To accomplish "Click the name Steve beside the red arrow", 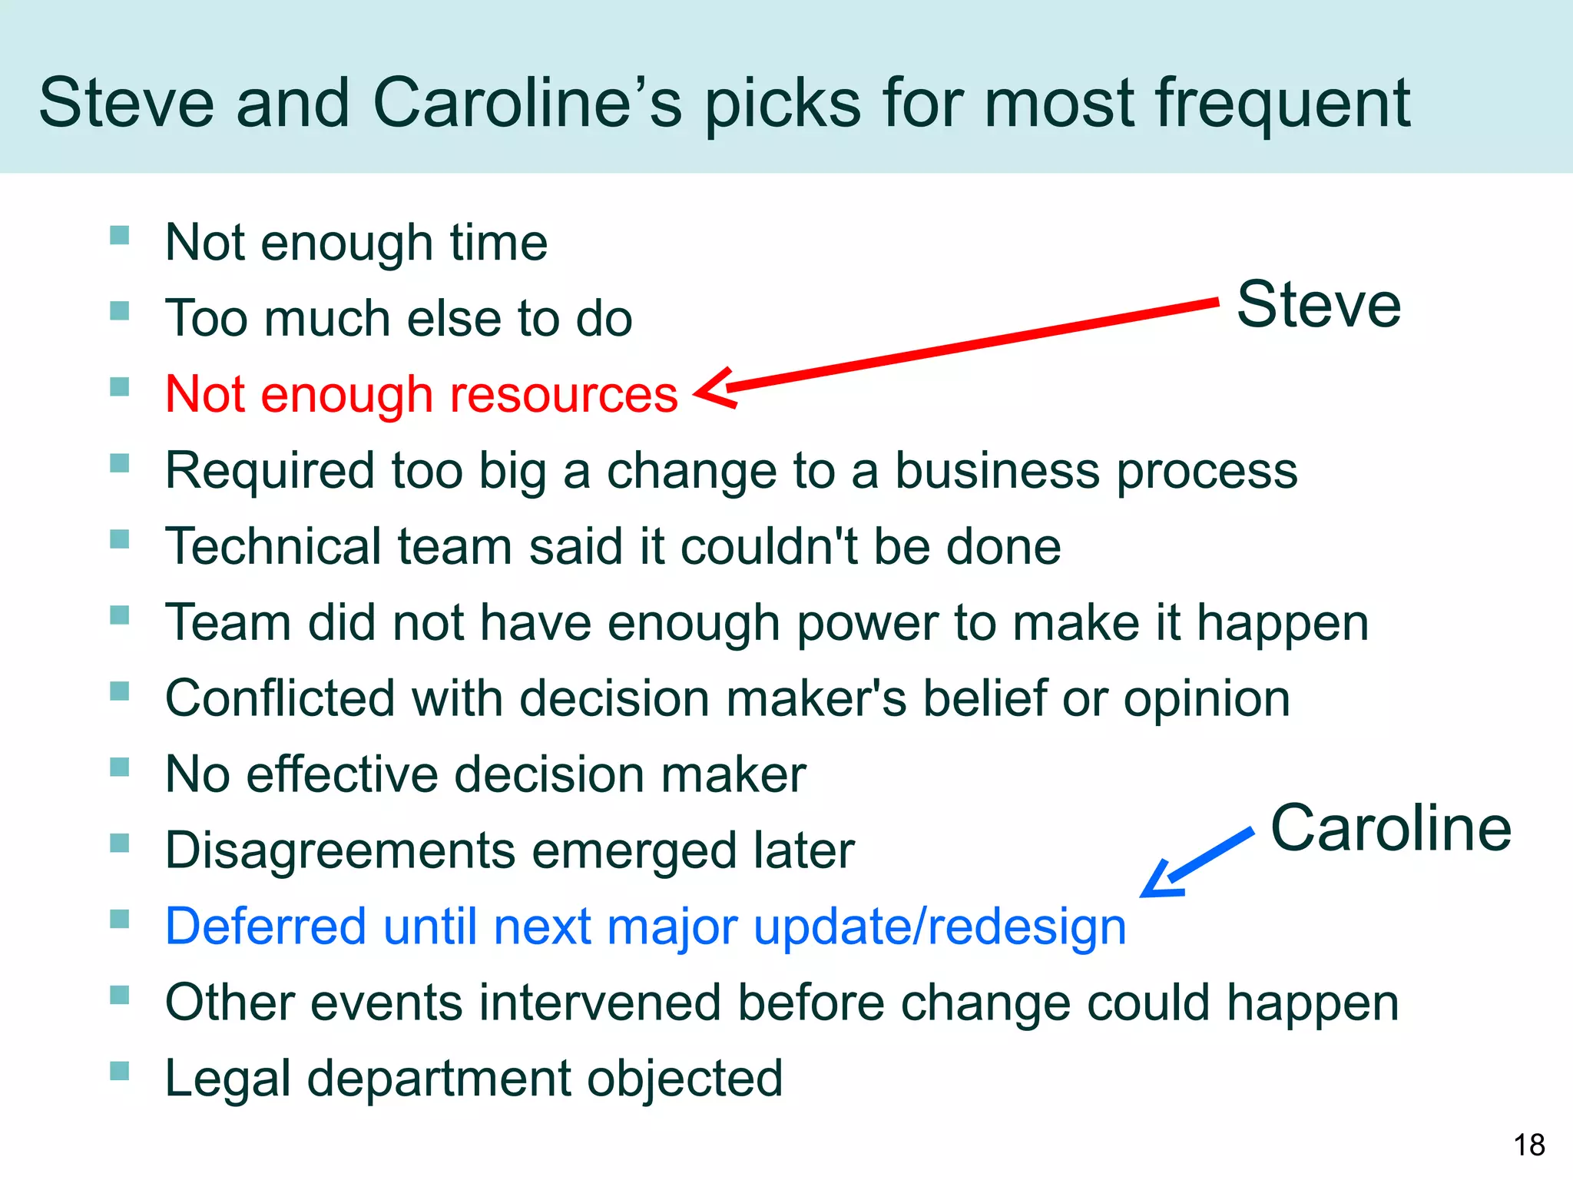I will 1318,305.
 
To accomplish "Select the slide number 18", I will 1528,1145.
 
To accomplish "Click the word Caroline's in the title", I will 527,104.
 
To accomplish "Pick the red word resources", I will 563,394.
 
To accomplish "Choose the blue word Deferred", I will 266,926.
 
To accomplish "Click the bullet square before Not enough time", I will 119,234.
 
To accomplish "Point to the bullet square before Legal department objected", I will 119,1070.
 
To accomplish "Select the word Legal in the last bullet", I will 228,1079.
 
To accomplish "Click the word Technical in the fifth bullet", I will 273,546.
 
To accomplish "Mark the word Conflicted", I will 280,698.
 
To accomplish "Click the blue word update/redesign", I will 939,926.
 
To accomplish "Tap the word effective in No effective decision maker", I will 342,774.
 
